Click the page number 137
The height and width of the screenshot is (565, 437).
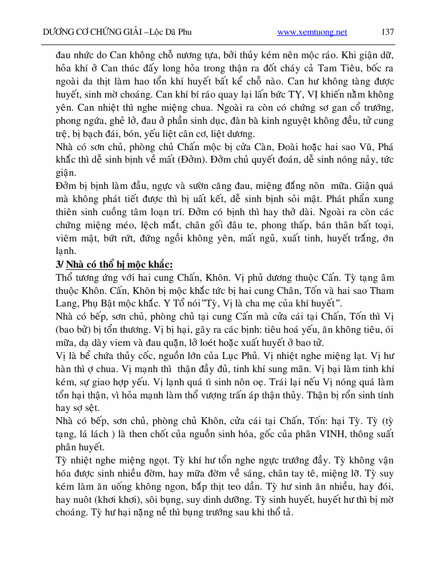pyautogui.click(x=387, y=32)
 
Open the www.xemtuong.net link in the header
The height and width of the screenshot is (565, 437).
pyautogui.click(x=312, y=32)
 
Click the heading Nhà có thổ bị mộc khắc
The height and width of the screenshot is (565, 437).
pyautogui.click(x=119, y=265)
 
